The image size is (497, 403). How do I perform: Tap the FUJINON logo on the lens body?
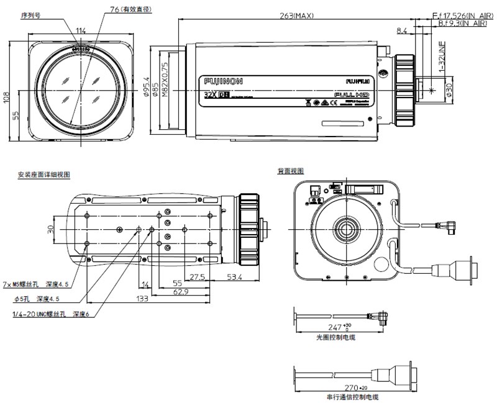223,81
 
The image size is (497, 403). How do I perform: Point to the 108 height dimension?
6,96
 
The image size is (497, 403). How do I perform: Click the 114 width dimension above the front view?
81,31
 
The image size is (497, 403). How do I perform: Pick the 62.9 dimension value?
181,291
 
